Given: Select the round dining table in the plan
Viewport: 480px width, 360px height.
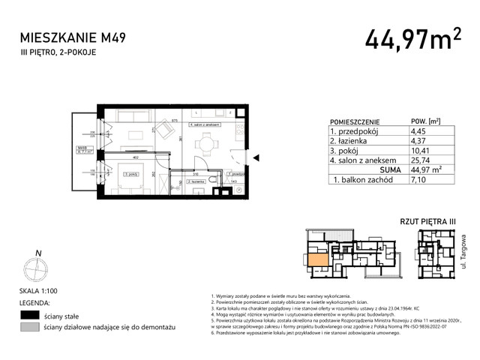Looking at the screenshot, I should [203, 144].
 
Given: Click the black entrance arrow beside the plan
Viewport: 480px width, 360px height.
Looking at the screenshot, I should [256, 158].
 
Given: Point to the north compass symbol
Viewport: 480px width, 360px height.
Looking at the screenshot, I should [36, 267].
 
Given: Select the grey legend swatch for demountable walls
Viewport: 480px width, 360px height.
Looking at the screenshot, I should [30, 328].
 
